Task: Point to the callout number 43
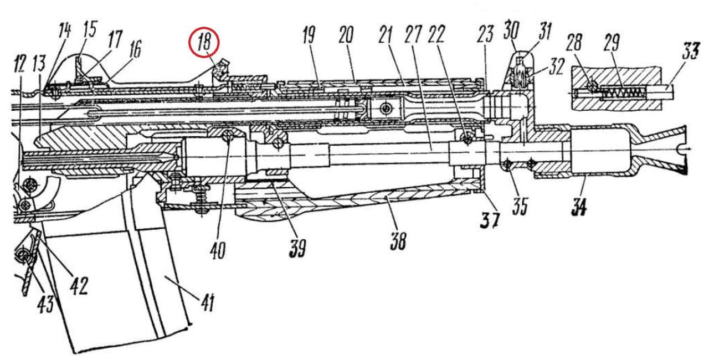(x=46, y=303)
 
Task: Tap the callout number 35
(x=520, y=207)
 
